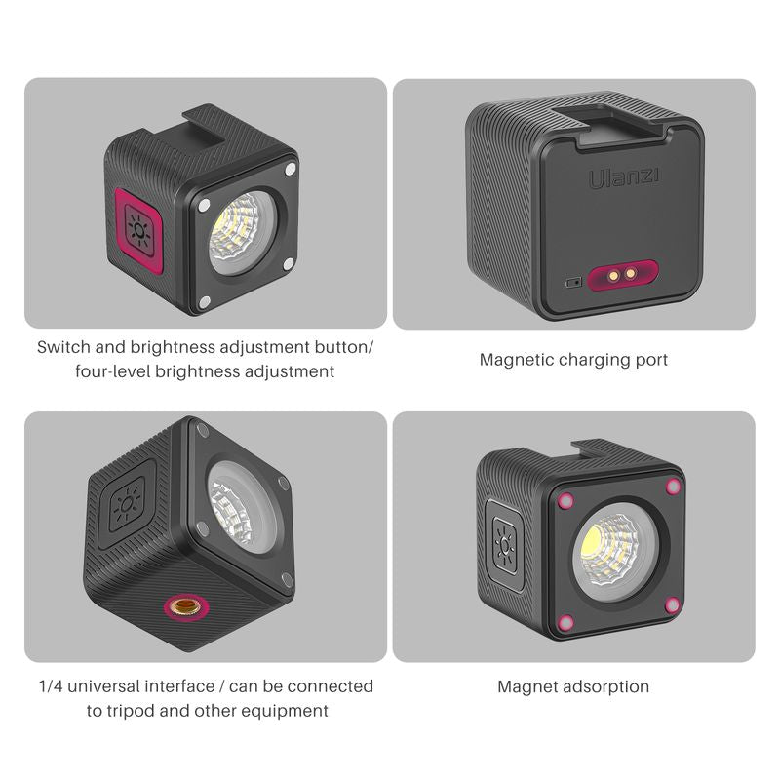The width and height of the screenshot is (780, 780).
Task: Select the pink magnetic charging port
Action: click(620, 276)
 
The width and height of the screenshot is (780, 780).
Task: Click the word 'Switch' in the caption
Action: click(65, 347)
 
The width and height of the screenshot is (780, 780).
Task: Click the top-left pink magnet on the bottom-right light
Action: click(565, 500)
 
